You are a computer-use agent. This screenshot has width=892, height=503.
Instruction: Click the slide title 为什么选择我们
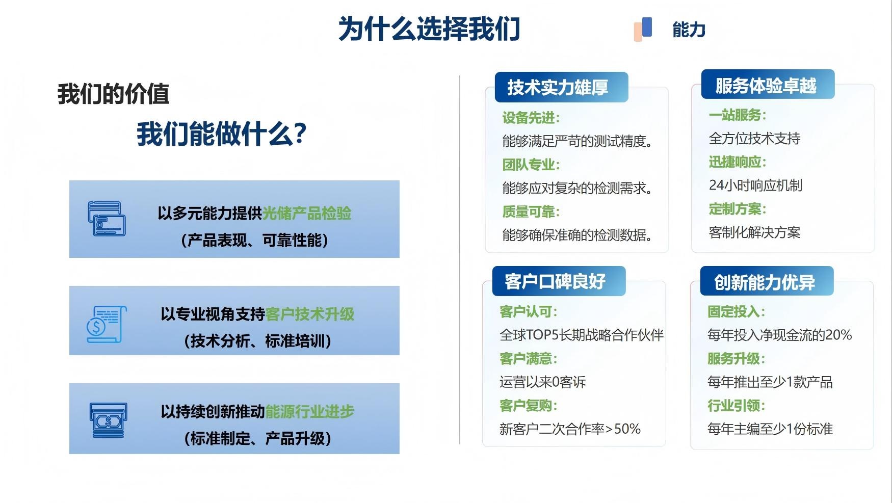[429, 29]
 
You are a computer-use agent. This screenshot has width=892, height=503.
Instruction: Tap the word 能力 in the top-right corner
[689, 30]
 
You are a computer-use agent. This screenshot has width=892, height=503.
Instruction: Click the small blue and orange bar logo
[643, 29]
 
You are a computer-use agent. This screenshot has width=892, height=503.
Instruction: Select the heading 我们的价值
[113, 94]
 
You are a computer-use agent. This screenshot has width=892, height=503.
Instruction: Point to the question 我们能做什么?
[222, 134]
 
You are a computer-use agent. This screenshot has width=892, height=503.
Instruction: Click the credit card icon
[107, 219]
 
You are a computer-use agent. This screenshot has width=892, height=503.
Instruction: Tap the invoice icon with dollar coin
[107, 324]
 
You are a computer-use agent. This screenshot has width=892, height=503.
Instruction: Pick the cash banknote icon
[108, 420]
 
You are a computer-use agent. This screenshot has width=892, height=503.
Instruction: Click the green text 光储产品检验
[307, 213]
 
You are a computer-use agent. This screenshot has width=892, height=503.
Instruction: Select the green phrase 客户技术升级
[310, 314]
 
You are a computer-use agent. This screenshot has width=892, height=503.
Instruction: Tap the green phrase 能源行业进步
[310, 411]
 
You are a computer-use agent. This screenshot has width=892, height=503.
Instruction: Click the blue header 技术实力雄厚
[558, 88]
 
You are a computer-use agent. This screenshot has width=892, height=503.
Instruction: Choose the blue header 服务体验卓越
[766, 86]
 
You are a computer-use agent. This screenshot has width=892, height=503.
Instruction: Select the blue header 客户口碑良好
[555, 281]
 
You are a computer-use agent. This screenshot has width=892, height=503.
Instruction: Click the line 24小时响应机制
[755, 186]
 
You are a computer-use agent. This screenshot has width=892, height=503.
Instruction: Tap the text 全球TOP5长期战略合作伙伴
[582, 335]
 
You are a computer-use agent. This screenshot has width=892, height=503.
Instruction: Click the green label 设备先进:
[531, 118]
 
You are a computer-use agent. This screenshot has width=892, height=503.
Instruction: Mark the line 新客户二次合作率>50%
[570, 429]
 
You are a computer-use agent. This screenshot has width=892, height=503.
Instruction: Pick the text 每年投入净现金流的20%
[780, 335]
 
